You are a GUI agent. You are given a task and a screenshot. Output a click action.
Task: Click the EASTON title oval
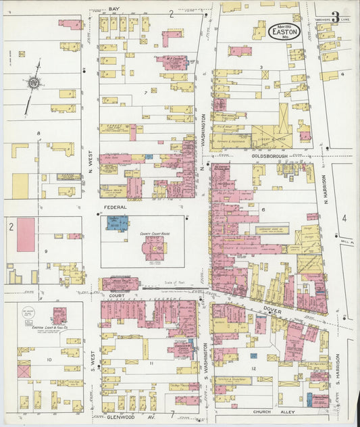point(284,32)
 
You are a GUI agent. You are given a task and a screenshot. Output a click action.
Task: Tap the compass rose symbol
point(32,83)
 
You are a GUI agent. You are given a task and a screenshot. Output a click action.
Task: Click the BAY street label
point(114,9)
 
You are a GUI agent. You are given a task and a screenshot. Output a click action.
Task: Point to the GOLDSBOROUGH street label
point(270,155)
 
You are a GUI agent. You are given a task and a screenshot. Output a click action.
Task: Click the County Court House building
point(153,249)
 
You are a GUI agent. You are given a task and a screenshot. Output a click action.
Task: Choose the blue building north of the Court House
point(117,222)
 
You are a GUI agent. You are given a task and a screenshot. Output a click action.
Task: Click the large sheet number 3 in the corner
point(335,18)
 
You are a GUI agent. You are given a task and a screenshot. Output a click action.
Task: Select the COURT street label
point(111,295)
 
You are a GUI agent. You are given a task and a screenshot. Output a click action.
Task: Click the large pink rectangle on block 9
point(26,234)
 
